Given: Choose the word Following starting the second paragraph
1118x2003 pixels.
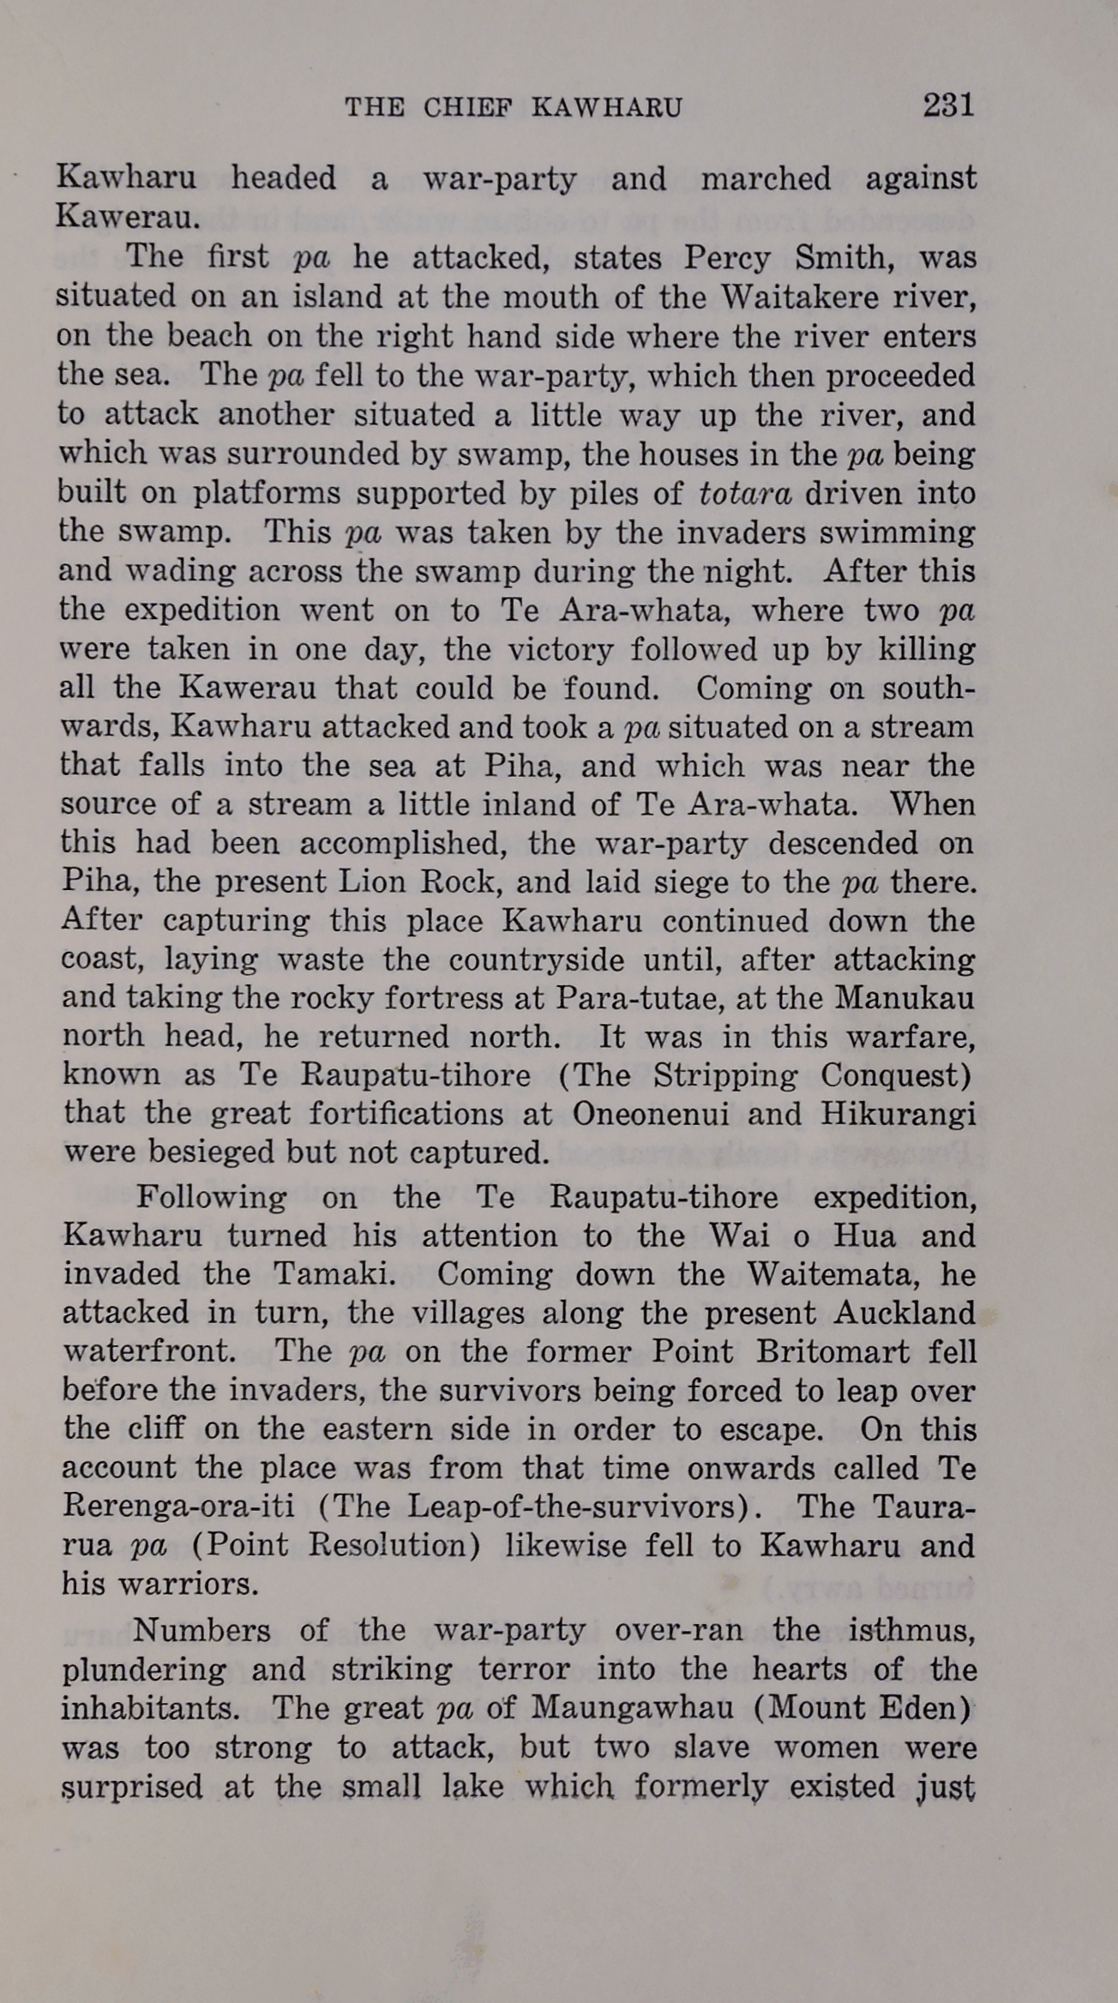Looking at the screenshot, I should click(x=211, y=1196).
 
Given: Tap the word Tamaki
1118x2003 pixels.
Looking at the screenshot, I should click(x=334, y=1273).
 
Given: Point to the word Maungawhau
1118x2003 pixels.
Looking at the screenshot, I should click(x=633, y=1708).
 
